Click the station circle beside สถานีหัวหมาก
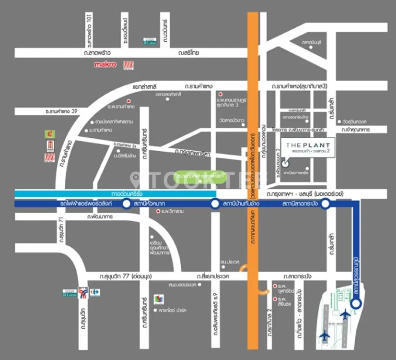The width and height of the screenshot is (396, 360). (x=126, y=204)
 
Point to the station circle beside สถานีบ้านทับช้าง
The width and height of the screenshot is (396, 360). (x=215, y=204)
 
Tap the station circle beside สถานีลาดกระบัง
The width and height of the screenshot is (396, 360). (x=325, y=204)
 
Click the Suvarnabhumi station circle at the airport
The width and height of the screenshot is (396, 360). (x=356, y=303)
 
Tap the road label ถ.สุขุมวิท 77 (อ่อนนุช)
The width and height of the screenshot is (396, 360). (x=117, y=276)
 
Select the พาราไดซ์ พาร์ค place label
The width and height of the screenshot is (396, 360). (x=173, y=311)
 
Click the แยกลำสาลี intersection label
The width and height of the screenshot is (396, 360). (x=146, y=86)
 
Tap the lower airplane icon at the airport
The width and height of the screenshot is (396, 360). (x=326, y=335)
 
